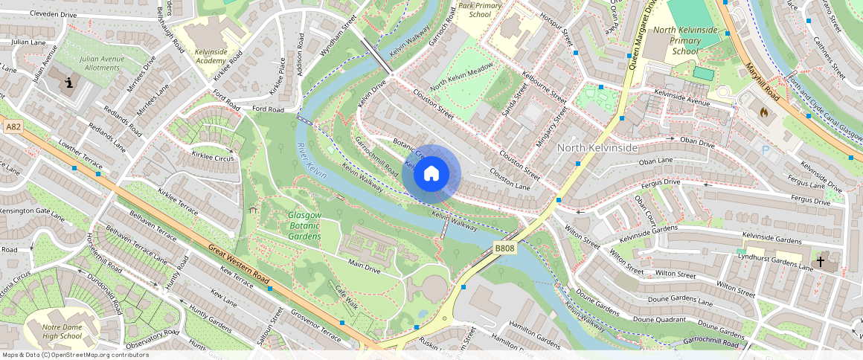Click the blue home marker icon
coord(431,174)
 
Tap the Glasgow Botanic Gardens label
coord(304,226)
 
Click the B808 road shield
coord(505,248)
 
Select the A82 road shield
coord(13,127)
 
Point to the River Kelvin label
coord(312,160)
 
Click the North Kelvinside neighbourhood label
coord(597,148)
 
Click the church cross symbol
coord(821,262)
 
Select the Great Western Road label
coord(238,264)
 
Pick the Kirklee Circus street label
coord(213,158)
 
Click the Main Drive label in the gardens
coord(365,264)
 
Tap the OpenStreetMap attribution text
coord(74,355)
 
